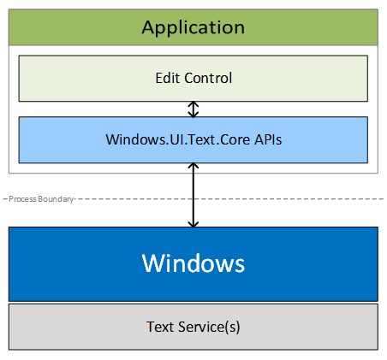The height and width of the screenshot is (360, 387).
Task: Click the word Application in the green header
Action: [x=193, y=27]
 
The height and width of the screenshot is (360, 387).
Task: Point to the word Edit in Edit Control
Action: [x=167, y=79]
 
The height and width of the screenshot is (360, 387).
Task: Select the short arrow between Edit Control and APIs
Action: [x=193, y=109]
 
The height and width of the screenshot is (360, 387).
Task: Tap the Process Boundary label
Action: [x=39, y=198]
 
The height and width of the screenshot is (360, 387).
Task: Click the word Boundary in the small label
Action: [x=57, y=198]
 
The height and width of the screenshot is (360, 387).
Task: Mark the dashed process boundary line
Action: [x=257, y=198]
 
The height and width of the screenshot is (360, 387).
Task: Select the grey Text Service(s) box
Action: [x=86, y=326]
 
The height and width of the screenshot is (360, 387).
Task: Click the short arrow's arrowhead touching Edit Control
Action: [x=193, y=104]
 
